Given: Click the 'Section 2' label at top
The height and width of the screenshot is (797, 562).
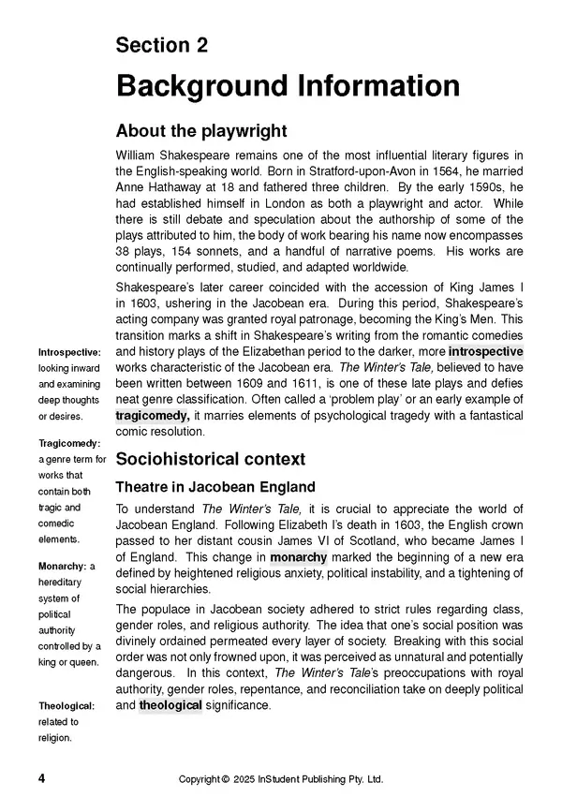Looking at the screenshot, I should [161, 46].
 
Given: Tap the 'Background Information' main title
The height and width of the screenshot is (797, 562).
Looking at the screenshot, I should [288, 86].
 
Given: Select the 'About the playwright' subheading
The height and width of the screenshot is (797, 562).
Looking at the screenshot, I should [200, 130].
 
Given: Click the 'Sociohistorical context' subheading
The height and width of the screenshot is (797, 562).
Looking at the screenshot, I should [211, 459].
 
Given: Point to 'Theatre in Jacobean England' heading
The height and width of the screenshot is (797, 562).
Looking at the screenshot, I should [214, 488].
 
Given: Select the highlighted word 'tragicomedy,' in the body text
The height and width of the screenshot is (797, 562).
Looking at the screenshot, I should [153, 413].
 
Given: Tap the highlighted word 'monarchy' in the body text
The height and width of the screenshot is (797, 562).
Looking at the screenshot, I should [299, 557].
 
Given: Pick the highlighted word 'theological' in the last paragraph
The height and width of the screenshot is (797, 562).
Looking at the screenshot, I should [170, 705].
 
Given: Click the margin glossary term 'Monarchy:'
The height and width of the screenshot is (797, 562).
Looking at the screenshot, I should [62, 567].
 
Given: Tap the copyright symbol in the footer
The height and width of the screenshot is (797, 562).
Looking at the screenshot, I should [225, 779].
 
